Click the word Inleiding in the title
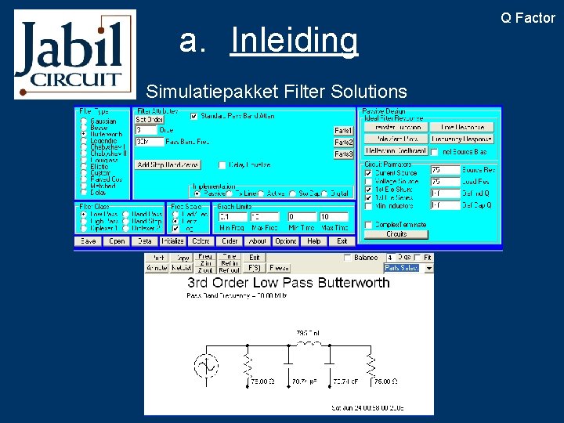tap(294, 41)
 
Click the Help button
tap(313, 241)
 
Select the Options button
tap(286, 241)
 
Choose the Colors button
tap(201, 241)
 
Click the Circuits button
tap(396, 233)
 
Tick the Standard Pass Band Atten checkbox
tap(194, 117)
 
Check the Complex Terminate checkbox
tap(369, 225)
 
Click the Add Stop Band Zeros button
tap(168, 164)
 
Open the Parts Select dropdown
tap(402, 267)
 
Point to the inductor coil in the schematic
tap(310, 343)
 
